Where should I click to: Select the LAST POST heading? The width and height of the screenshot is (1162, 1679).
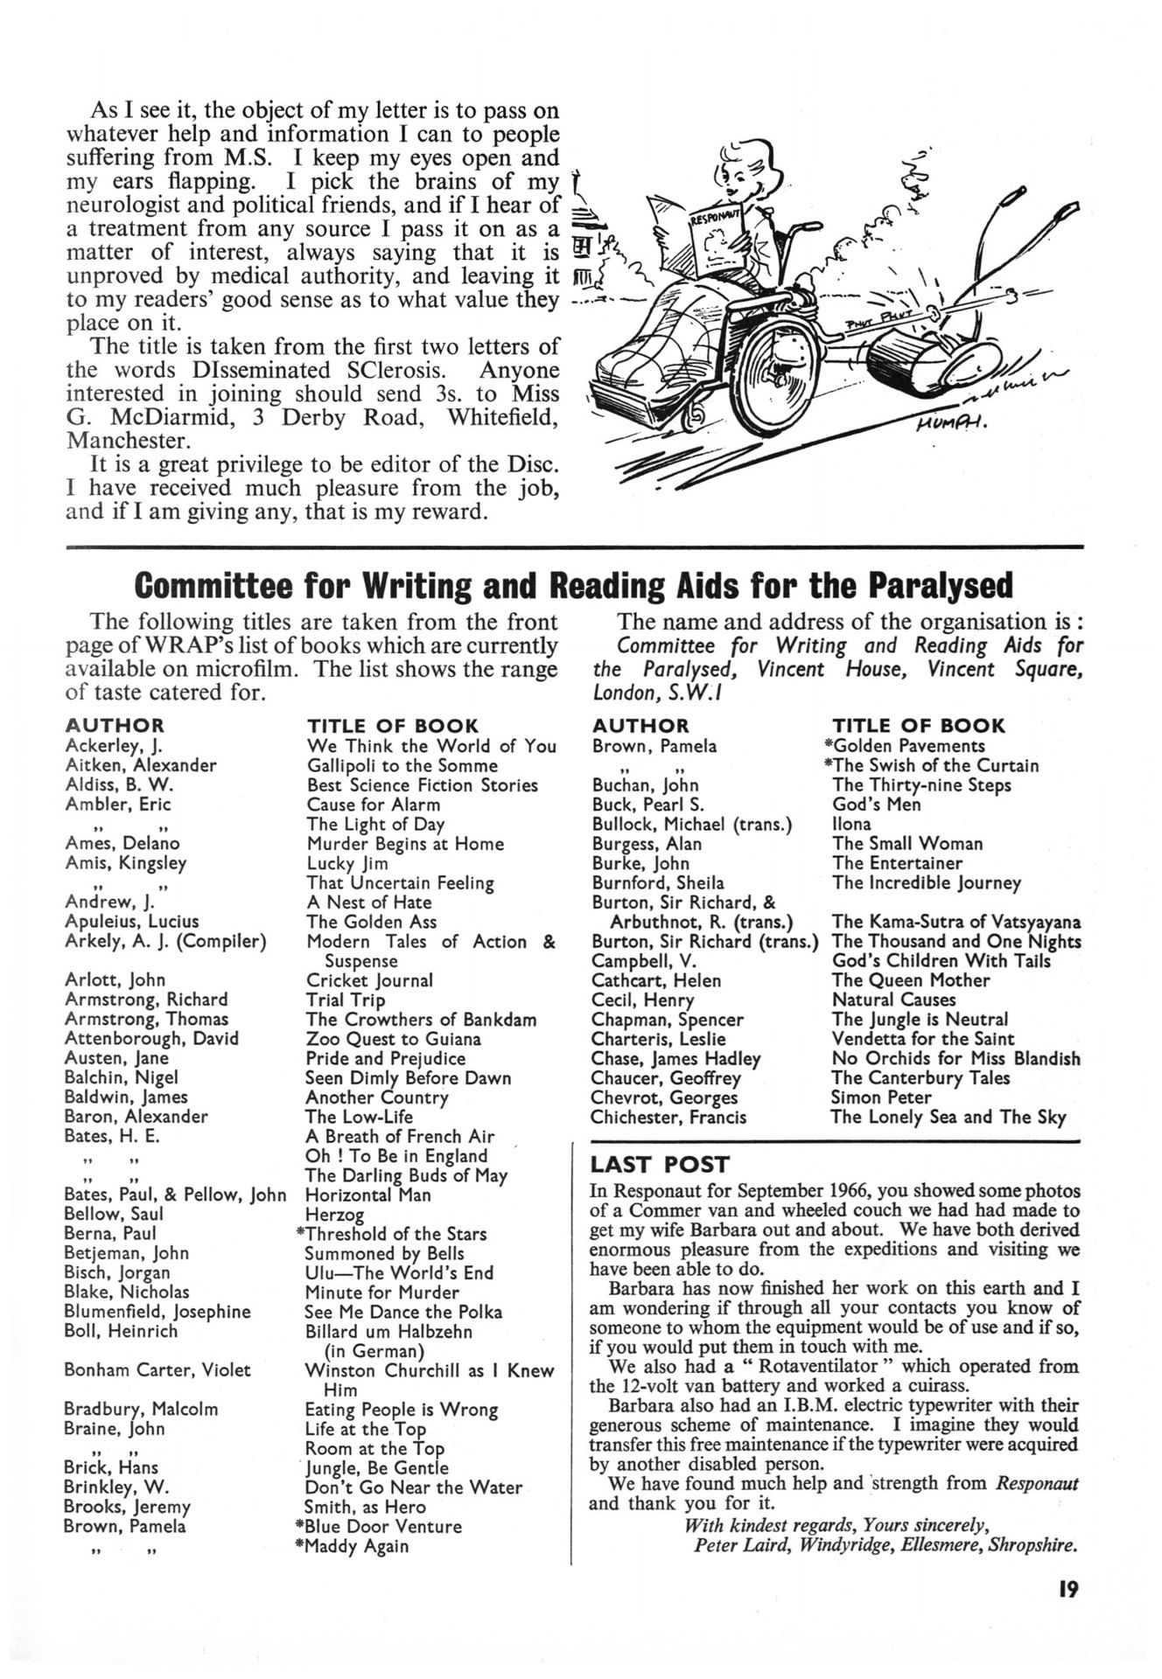coord(660,1165)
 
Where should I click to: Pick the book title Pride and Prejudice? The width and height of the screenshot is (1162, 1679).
coord(386,1058)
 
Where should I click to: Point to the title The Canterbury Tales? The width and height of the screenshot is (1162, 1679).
coord(920,1078)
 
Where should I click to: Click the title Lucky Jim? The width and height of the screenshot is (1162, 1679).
coord(347,863)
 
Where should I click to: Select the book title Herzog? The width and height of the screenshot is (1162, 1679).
coord(334,1215)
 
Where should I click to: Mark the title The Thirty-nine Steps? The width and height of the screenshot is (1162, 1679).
coord(921,785)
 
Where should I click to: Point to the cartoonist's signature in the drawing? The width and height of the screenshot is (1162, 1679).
coord(948,425)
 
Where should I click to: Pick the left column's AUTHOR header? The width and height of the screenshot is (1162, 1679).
coord(115,726)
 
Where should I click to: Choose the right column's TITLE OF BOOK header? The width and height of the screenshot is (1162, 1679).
coord(919,726)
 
